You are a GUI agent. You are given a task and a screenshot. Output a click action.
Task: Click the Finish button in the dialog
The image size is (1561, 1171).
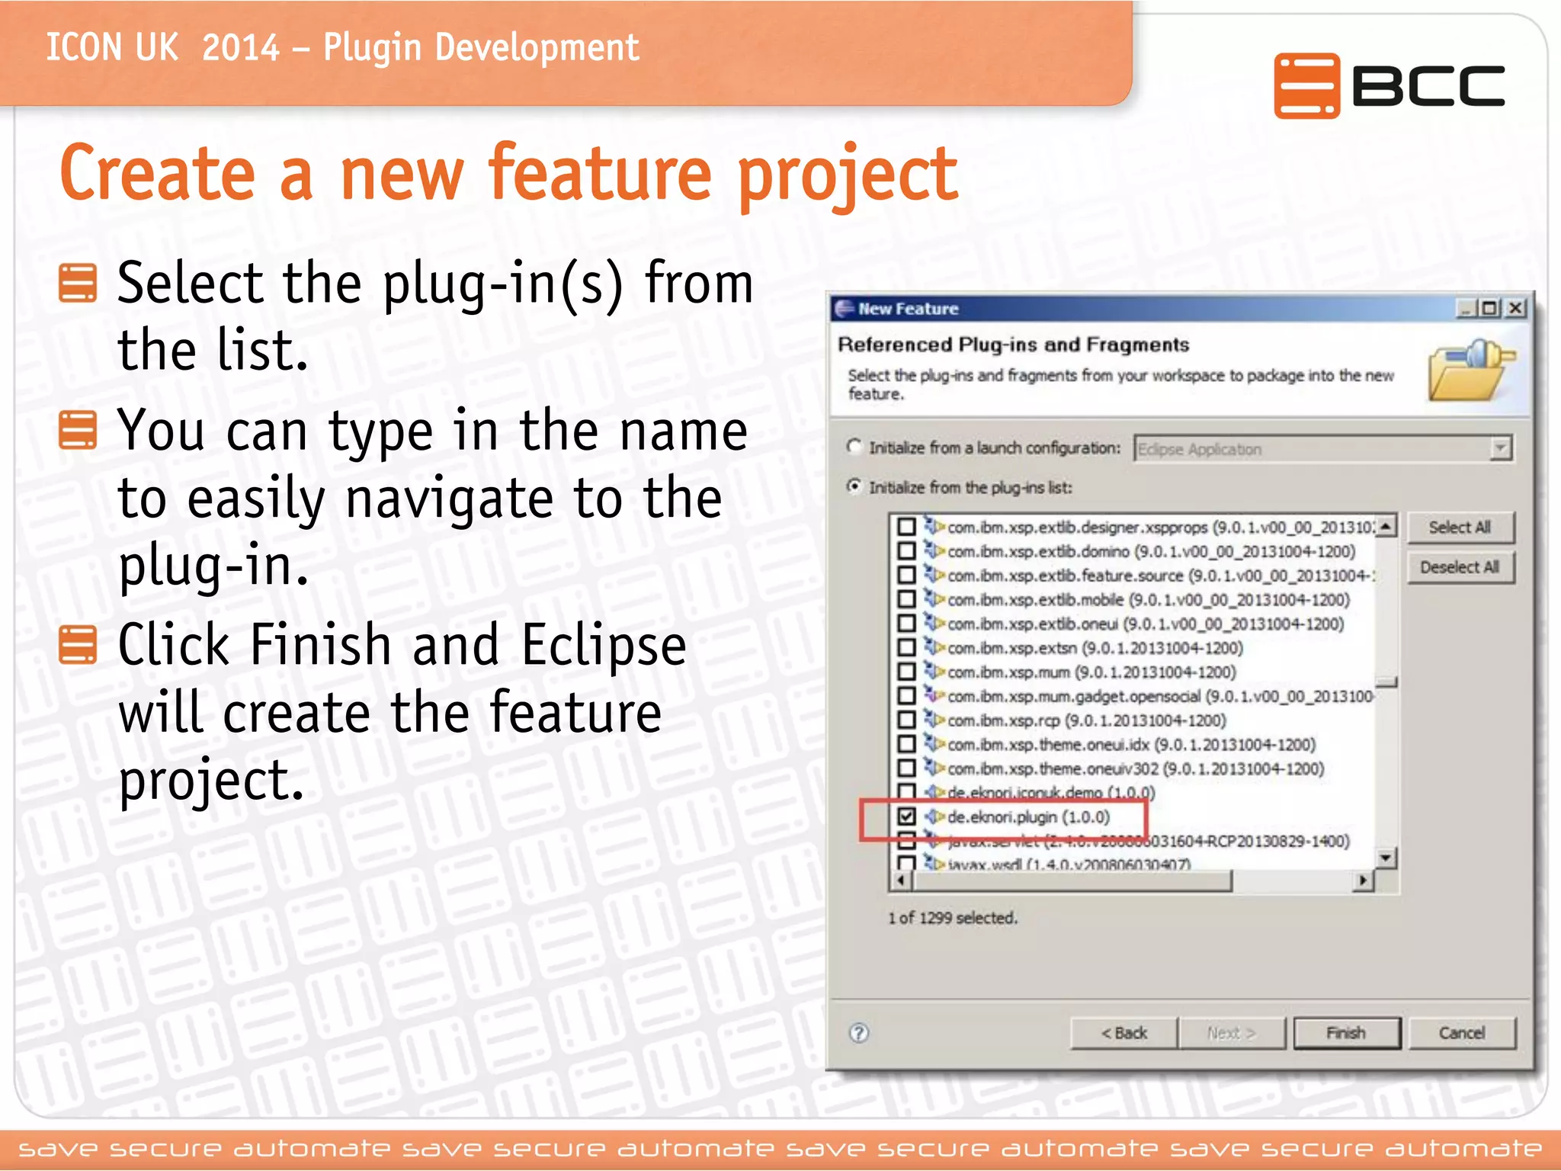click(1346, 1033)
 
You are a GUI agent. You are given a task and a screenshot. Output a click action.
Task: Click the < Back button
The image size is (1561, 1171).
click(1123, 1033)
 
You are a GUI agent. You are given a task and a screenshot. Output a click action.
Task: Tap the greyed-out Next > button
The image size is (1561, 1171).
click(1231, 1033)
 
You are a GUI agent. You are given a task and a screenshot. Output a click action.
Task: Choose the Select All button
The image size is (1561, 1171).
click(1459, 527)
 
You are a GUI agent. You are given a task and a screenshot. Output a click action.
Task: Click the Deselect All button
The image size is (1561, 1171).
click(1459, 567)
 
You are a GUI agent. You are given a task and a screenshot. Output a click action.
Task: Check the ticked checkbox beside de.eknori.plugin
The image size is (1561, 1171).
click(906, 816)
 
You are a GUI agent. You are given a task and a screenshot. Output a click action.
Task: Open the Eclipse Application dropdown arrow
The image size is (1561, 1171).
click(1500, 448)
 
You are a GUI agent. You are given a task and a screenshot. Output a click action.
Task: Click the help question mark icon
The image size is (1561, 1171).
click(858, 1033)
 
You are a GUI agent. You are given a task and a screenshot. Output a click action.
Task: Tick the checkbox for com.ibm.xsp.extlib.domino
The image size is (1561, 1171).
click(906, 550)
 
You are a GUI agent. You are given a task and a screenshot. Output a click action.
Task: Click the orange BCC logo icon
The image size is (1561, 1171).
click(1306, 85)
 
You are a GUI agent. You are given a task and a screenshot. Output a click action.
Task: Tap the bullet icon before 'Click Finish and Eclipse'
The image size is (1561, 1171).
click(78, 645)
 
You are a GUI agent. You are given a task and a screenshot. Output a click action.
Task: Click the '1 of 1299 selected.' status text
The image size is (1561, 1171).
click(952, 918)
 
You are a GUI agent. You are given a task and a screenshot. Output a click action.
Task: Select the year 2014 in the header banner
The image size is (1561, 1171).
click(241, 48)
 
